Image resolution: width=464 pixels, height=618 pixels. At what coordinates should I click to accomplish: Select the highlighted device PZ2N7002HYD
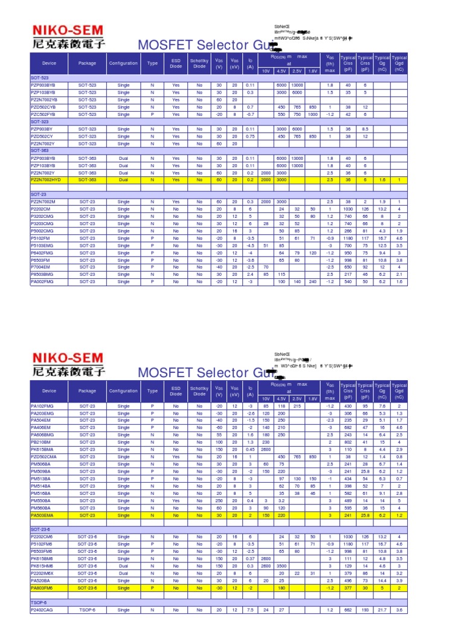tap(46, 180)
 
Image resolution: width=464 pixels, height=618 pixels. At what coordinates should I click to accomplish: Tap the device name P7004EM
tap(41, 266)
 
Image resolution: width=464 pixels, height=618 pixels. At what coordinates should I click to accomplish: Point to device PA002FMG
tap(42, 281)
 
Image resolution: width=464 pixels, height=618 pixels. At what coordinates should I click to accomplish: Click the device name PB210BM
tap(40, 442)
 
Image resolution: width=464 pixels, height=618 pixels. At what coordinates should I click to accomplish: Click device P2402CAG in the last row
tap(42, 610)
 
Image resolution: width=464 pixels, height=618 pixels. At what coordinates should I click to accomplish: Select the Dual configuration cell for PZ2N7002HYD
tap(123, 180)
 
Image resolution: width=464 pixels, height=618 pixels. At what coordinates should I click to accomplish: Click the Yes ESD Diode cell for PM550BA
tap(175, 500)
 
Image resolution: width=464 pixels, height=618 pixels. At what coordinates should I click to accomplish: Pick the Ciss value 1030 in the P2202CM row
tap(347, 208)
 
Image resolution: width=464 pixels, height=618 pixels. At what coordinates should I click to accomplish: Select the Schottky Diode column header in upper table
tap(199, 63)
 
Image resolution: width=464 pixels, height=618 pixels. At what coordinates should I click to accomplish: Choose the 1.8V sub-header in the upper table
tap(312, 71)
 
